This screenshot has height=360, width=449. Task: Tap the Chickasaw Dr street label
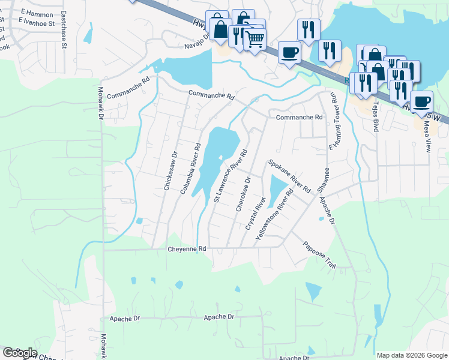click(170, 171)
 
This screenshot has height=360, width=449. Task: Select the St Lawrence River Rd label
click(231, 176)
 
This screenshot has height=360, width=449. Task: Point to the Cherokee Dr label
click(243, 193)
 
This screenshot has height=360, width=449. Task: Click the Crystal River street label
click(256, 212)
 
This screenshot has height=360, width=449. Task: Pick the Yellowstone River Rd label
click(274, 215)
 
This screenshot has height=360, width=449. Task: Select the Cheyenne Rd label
click(187, 248)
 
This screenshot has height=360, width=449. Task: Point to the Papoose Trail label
click(319, 255)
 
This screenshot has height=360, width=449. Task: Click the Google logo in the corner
click(19, 353)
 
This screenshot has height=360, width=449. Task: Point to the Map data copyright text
click(412, 355)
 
